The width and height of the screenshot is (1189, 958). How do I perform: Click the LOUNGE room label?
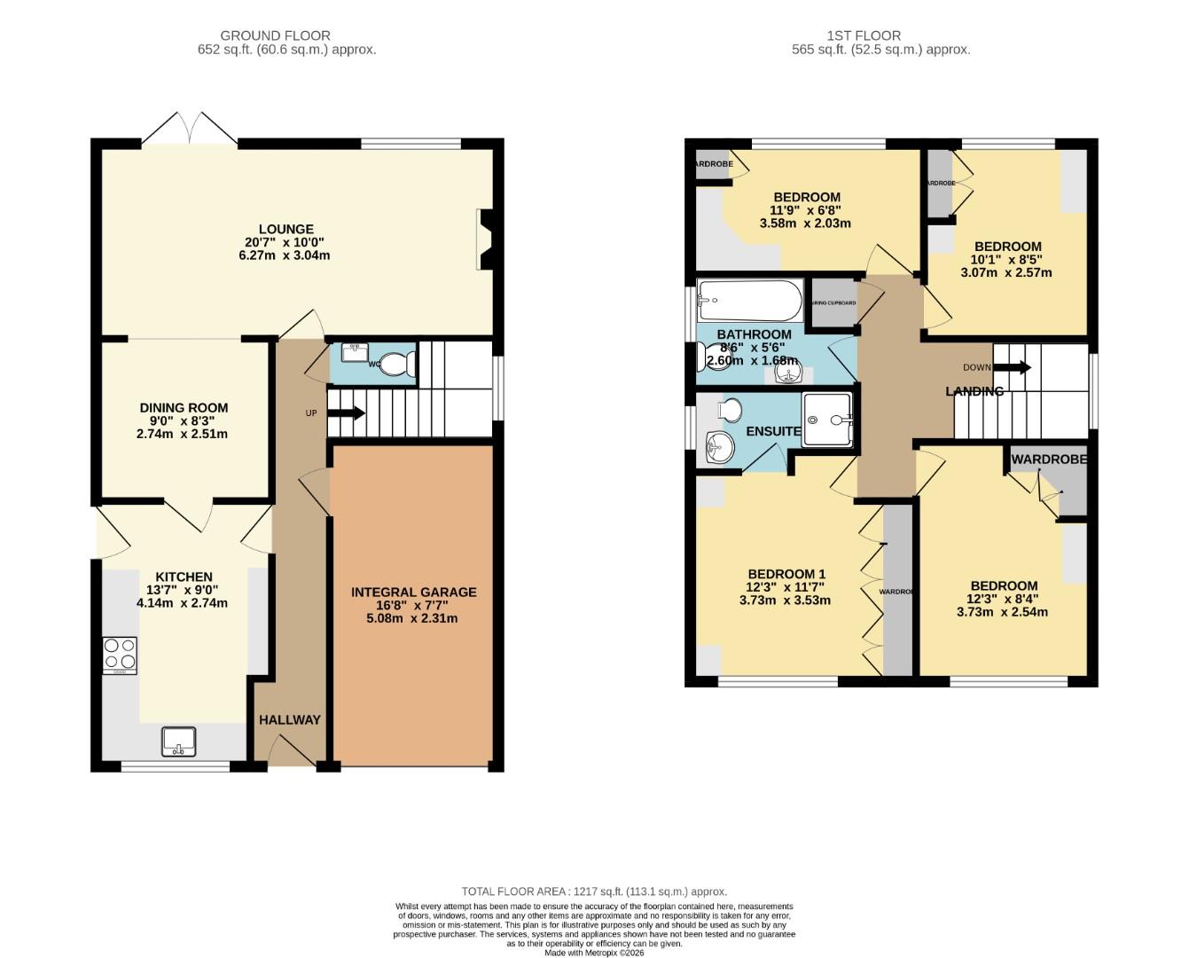(x=286, y=229)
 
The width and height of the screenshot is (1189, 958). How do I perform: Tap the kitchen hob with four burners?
(x=120, y=655)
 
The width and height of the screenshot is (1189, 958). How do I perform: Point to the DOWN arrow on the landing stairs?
(x=1012, y=366)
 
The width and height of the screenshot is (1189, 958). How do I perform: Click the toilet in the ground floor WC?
(x=398, y=364)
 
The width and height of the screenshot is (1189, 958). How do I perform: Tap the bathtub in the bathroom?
(x=750, y=301)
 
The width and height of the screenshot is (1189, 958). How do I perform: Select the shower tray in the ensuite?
(x=827, y=419)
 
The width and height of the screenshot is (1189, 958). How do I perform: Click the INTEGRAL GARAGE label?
(x=413, y=592)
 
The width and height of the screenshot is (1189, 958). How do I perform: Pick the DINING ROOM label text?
(x=184, y=408)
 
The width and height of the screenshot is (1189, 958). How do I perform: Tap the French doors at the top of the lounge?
(x=190, y=128)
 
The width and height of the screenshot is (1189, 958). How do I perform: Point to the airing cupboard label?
(x=833, y=303)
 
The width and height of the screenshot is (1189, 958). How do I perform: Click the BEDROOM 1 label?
(x=786, y=573)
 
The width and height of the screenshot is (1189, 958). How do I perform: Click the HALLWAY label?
(x=289, y=719)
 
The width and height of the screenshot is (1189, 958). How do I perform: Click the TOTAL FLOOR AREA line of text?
(x=593, y=891)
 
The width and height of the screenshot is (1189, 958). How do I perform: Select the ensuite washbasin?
(x=720, y=446)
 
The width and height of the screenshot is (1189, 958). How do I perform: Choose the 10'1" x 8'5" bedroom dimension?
(x=1007, y=260)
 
